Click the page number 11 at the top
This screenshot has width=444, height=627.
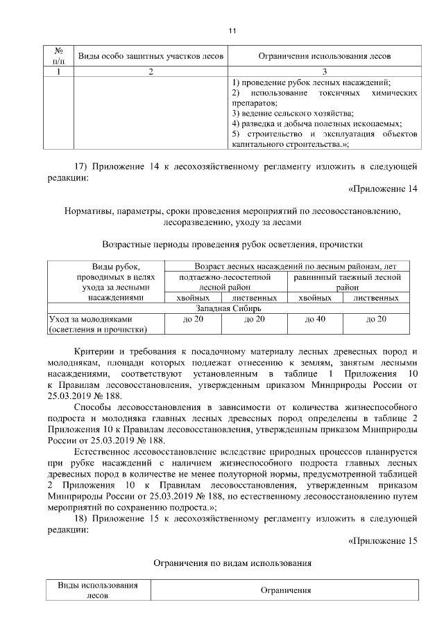[232, 30]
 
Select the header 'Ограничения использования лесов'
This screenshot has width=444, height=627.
[324, 55]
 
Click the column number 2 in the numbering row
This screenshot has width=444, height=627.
[151, 71]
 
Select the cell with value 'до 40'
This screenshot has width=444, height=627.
[316, 319]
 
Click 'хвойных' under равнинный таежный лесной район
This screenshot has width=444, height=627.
[316, 298]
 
